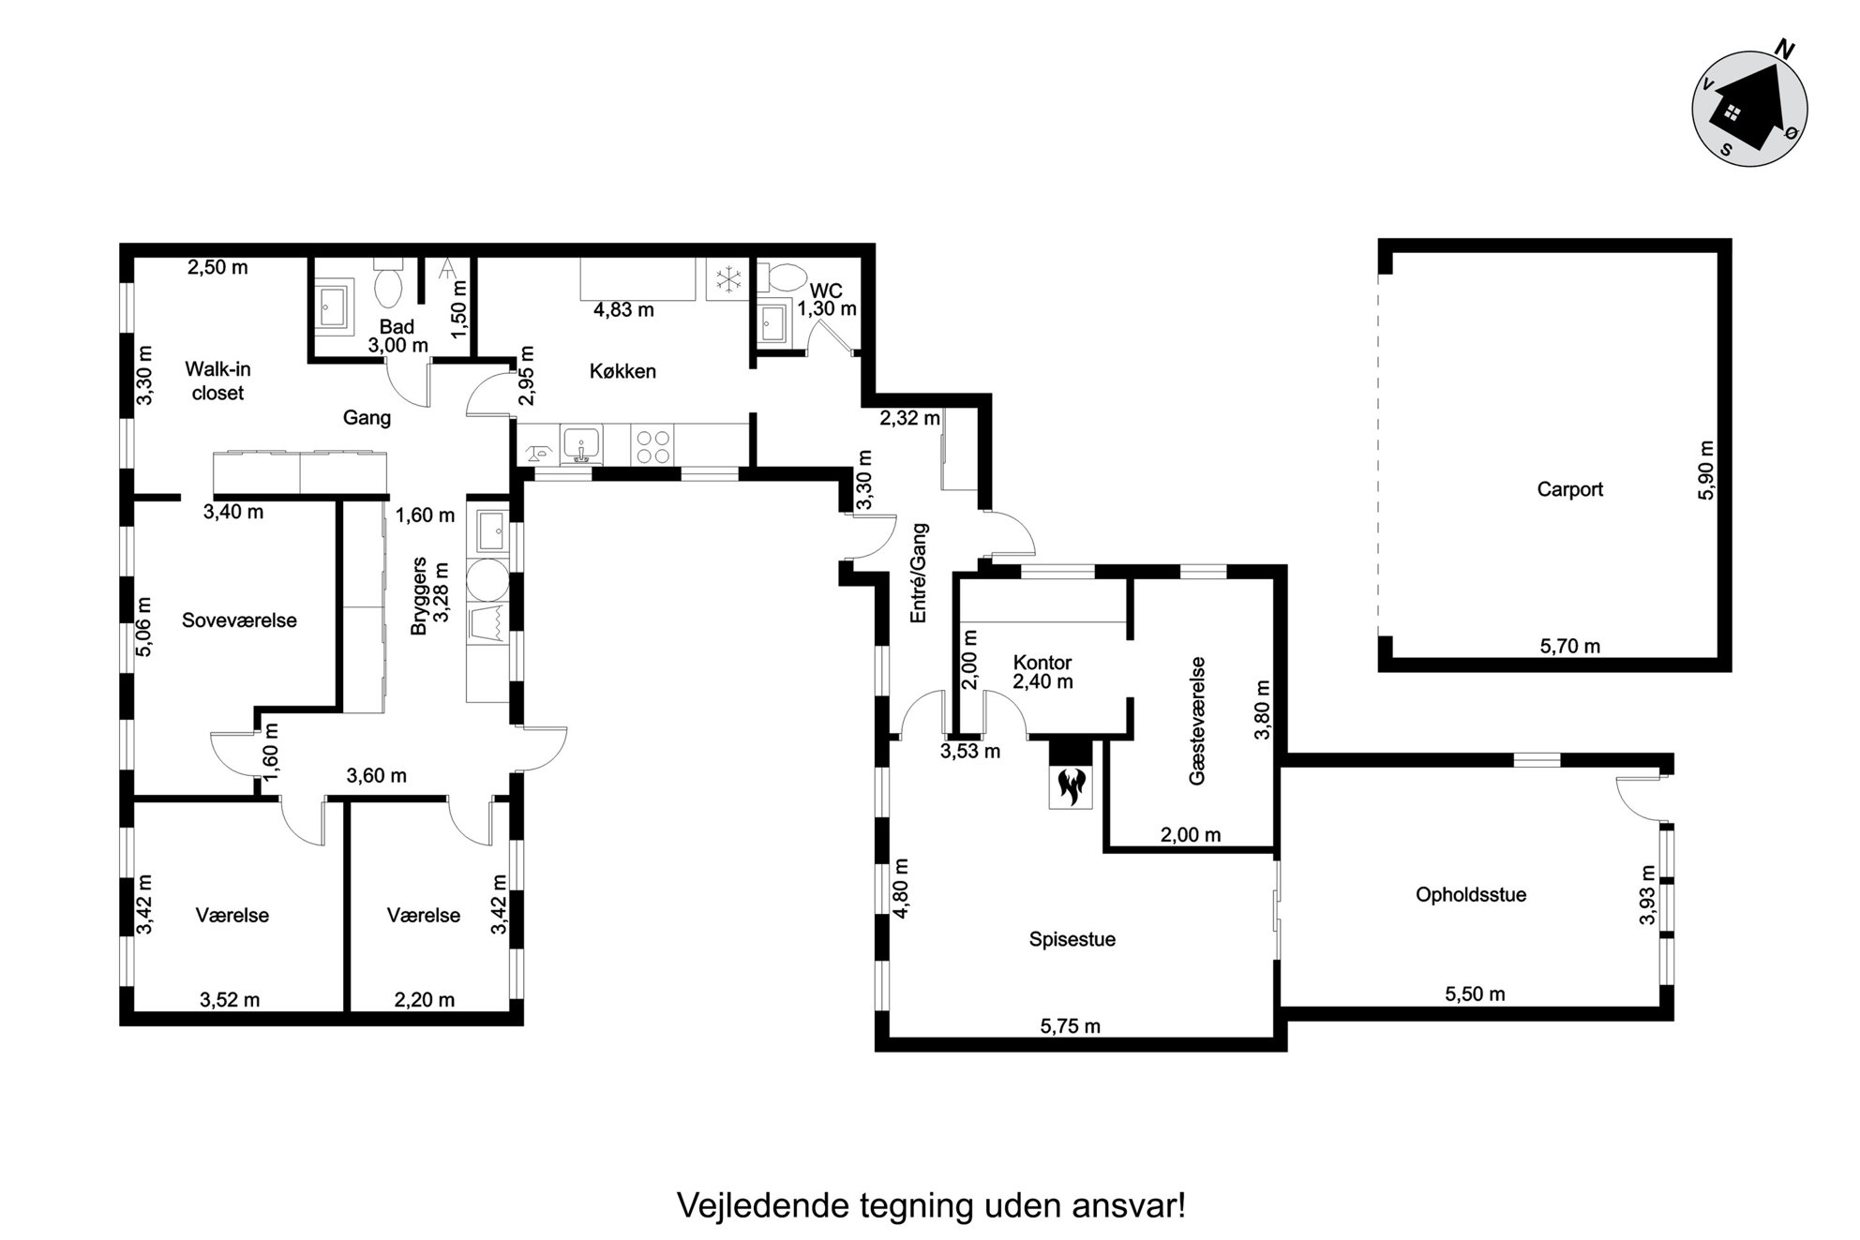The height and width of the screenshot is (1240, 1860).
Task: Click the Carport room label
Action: pyautogui.click(x=1569, y=489)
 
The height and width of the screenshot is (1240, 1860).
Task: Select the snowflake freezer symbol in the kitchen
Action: pyautogui.click(x=727, y=278)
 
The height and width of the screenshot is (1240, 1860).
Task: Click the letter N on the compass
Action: pyautogui.click(x=1785, y=51)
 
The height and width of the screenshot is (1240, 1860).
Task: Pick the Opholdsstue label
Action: pyautogui.click(x=1470, y=895)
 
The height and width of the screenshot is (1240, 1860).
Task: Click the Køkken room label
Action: pyautogui.click(x=622, y=371)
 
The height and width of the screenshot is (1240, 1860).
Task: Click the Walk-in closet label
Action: pyautogui.click(x=217, y=381)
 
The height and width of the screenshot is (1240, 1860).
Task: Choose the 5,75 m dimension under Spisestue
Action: pyautogui.click(x=1070, y=1026)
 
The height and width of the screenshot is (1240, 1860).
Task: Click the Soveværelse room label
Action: pyautogui.click(x=239, y=620)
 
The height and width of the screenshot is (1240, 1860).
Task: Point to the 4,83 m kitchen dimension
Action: pyautogui.click(x=623, y=310)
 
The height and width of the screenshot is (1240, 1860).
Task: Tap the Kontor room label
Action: pyautogui.click(x=1042, y=663)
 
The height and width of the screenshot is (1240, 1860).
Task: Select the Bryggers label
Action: pyautogui.click(x=419, y=596)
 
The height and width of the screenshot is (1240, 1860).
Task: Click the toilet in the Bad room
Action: pyautogui.click(x=387, y=283)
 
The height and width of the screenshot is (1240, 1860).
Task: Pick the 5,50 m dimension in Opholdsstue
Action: pyautogui.click(x=1475, y=994)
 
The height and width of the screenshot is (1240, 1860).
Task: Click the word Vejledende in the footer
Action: pyautogui.click(x=761, y=1206)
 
